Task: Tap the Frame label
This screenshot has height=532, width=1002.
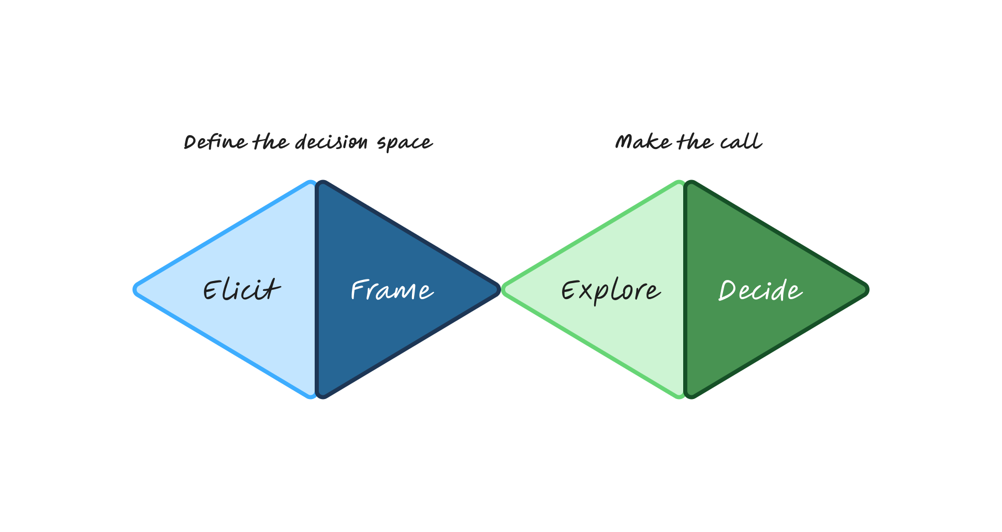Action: (x=392, y=290)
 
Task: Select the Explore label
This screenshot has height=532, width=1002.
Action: (x=611, y=291)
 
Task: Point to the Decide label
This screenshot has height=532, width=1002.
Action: (x=760, y=290)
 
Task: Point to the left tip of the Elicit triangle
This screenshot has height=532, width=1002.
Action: (x=135, y=290)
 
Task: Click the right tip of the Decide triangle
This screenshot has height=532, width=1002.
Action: (x=867, y=290)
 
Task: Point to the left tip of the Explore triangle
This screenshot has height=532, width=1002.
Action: (x=503, y=290)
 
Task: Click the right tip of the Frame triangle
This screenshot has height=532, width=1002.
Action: (x=499, y=290)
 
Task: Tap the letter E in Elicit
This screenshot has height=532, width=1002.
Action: (x=211, y=290)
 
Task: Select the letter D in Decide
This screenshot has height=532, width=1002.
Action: (x=728, y=290)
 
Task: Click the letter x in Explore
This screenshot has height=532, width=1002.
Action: (x=586, y=292)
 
